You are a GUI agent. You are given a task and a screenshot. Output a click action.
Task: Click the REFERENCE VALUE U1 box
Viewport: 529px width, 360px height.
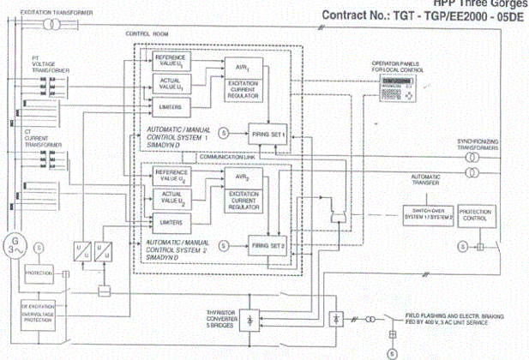point(171,62)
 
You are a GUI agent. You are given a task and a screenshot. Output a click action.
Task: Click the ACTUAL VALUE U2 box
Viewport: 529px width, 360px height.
point(171,199)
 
